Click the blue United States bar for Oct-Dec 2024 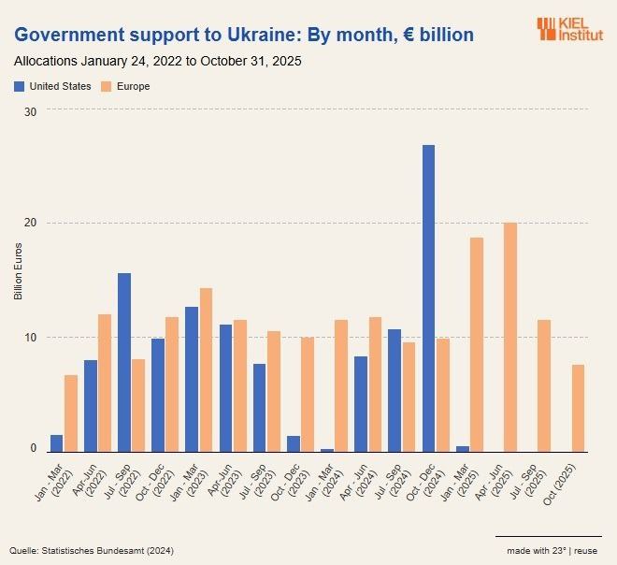(428, 298)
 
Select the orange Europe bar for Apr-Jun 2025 (510, 337)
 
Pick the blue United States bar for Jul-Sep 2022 (124, 362)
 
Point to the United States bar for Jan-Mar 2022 (57, 442)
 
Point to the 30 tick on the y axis (30, 110)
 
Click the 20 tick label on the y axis (30, 223)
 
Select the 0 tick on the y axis (33, 449)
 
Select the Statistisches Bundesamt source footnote (92, 549)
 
